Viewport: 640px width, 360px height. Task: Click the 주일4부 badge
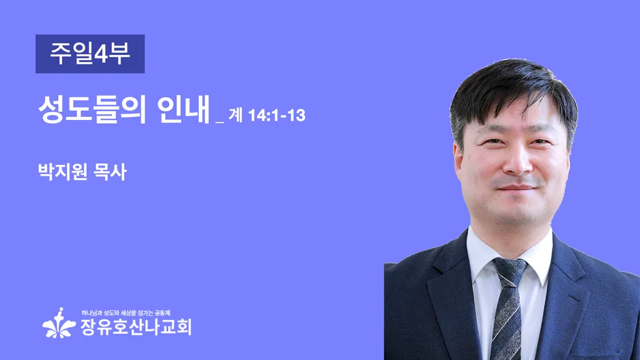pyautogui.click(x=90, y=54)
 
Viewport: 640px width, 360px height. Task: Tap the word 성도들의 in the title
pyautogui.click(x=92, y=109)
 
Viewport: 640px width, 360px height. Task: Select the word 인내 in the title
pyautogui.click(x=183, y=109)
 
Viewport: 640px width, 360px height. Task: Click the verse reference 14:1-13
pyautogui.click(x=277, y=116)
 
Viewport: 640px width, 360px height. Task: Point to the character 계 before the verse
pyautogui.click(x=236, y=116)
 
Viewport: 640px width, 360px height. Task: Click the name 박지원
pyautogui.click(x=62, y=172)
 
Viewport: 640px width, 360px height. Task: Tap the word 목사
pyautogui.click(x=110, y=172)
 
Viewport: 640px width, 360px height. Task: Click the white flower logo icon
pyautogui.click(x=59, y=323)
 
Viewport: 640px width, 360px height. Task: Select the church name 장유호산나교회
pyautogui.click(x=136, y=327)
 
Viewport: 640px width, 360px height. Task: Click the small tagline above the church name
pyautogui.click(x=126, y=313)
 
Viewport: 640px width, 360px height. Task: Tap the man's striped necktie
pyautogui.click(x=507, y=308)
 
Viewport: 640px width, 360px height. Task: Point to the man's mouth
pyautogui.click(x=516, y=187)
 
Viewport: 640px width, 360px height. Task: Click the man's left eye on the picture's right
pyautogui.click(x=539, y=142)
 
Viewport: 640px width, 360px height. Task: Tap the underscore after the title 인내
pyautogui.click(x=219, y=122)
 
